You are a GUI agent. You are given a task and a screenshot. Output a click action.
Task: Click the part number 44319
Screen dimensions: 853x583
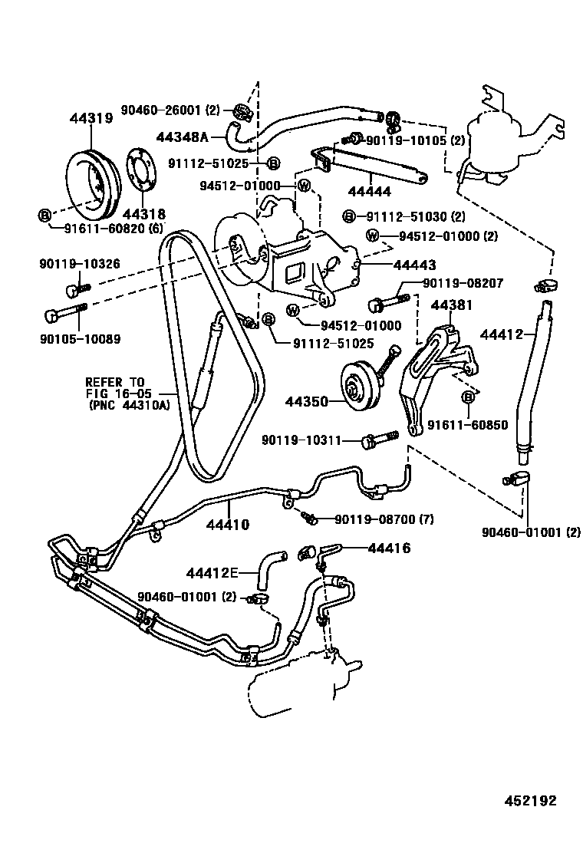pyautogui.click(x=91, y=119)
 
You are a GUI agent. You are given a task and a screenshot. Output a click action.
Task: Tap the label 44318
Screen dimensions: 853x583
pyautogui.click(x=144, y=215)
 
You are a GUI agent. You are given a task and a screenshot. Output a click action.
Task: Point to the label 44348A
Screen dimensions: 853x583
pyautogui.click(x=182, y=137)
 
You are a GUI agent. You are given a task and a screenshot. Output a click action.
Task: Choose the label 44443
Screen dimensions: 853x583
pyautogui.click(x=414, y=265)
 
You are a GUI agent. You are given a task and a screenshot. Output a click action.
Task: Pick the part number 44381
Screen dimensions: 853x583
pyautogui.click(x=451, y=305)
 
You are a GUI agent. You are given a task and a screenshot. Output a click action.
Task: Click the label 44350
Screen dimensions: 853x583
pyautogui.click(x=306, y=401)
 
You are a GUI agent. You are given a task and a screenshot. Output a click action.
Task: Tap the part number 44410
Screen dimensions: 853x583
pyautogui.click(x=228, y=525)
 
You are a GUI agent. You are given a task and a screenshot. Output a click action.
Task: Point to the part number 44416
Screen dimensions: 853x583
pyautogui.click(x=389, y=548)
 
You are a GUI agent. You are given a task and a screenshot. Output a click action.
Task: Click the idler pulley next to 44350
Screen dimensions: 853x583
pyautogui.click(x=355, y=390)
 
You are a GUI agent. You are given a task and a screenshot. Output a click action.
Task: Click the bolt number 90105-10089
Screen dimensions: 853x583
pyautogui.click(x=80, y=338)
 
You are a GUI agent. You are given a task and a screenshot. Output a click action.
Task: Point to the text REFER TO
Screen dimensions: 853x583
pyautogui.click(x=114, y=381)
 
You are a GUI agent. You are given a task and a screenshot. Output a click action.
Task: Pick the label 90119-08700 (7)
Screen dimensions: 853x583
pyautogui.click(x=384, y=520)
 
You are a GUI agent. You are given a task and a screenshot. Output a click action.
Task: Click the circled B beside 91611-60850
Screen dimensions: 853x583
pyautogui.click(x=467, y=397)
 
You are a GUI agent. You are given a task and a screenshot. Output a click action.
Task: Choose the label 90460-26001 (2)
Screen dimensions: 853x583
pyautogui.click(x=170, y=110)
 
